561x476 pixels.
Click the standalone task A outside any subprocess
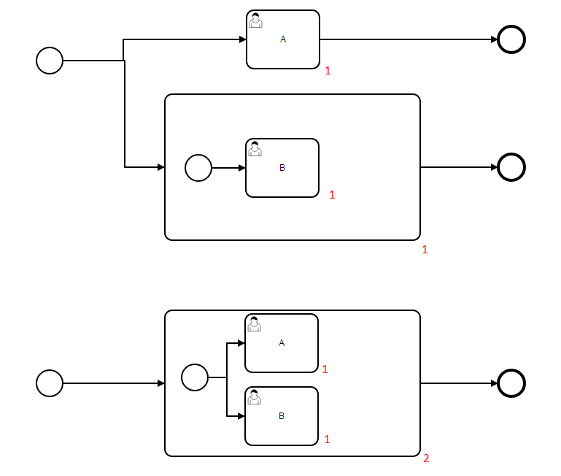tap(283, 39)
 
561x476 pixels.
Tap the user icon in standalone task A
tap(255, 20)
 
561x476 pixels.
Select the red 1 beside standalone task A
tap(328, 71)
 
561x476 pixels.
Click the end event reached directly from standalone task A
tap(511, 39)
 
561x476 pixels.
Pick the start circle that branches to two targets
tap(50, 60)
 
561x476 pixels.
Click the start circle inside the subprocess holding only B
tap(198, 168)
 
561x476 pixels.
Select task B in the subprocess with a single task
tap(282, 168)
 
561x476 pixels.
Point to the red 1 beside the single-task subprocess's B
tap(332, 195)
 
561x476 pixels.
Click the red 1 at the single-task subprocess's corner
tap(425, 250)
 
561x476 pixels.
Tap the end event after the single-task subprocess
tap(511, 167)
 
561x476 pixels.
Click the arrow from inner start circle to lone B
tap(229, 168)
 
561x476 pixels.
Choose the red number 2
tap(426, 458)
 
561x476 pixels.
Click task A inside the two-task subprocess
tap(282, 343)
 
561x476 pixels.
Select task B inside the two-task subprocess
tap(282, 416)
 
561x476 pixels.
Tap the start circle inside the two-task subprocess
tap(195, 377)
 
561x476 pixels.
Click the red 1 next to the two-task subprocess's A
tap(325, 369)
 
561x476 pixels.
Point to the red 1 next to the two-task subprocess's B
tap(327, 439)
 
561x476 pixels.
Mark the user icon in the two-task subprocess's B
tap(254, 396)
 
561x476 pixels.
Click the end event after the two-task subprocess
tap(511, 383)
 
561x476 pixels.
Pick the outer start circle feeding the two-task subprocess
tap(50, 383)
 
